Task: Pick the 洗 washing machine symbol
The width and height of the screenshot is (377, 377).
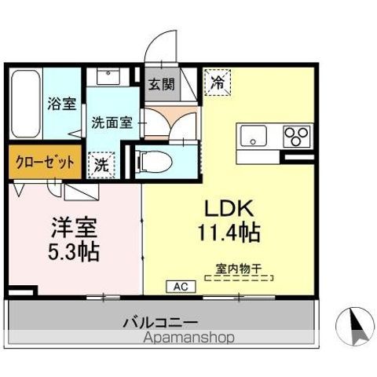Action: (x=102, y=164)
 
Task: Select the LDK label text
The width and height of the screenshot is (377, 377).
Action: (x=227, y=210)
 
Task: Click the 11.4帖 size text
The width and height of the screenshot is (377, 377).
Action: (x=227, y=233)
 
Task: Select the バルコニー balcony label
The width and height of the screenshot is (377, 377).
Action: (x=160, y=322)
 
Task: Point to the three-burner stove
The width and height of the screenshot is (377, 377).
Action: (x=296, y=137)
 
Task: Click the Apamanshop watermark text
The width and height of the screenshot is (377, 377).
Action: (x=189, y=339)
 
